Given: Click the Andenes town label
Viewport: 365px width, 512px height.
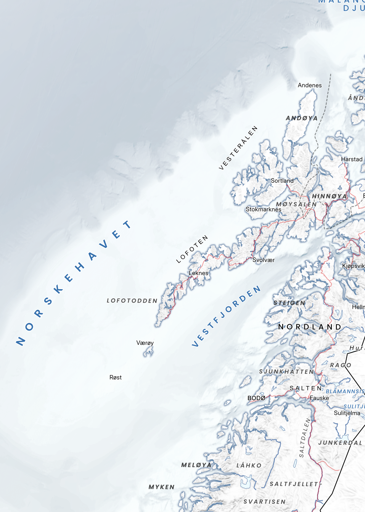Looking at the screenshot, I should click(310, 85).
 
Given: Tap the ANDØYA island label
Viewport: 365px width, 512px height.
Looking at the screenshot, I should click(302, 118).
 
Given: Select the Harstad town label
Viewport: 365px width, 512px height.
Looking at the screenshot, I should click(352, 159).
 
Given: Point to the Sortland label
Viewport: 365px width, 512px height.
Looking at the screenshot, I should click(282, 181).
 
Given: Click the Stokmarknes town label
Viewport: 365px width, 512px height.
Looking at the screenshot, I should click(264, 209).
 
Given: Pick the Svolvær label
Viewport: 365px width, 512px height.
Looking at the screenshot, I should click(264, 260).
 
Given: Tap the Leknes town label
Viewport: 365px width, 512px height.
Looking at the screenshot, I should click(199, 273).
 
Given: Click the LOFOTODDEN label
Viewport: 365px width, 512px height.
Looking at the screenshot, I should click(132, 301).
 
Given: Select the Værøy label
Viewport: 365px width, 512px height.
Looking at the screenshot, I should click(145, 343).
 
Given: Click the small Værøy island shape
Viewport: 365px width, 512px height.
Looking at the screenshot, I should click(148, 352).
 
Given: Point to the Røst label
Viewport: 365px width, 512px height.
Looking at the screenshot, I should click(116, 377).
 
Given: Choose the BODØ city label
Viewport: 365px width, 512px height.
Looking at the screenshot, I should click(256, 398).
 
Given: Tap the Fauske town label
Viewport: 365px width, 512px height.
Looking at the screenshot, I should click(319, 398).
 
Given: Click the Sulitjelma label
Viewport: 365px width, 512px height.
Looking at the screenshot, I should click(347, 413).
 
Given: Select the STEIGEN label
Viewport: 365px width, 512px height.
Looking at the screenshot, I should click(289, 303).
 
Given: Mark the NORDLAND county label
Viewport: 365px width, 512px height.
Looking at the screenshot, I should click(310, 327).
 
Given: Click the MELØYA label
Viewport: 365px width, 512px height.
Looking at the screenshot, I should click(196, 465).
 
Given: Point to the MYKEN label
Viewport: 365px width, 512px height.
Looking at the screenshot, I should click(161, 487).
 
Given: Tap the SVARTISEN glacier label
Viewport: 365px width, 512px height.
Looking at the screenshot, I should click(265, 502).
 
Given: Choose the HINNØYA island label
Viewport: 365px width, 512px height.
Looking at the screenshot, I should click(330, 196).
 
